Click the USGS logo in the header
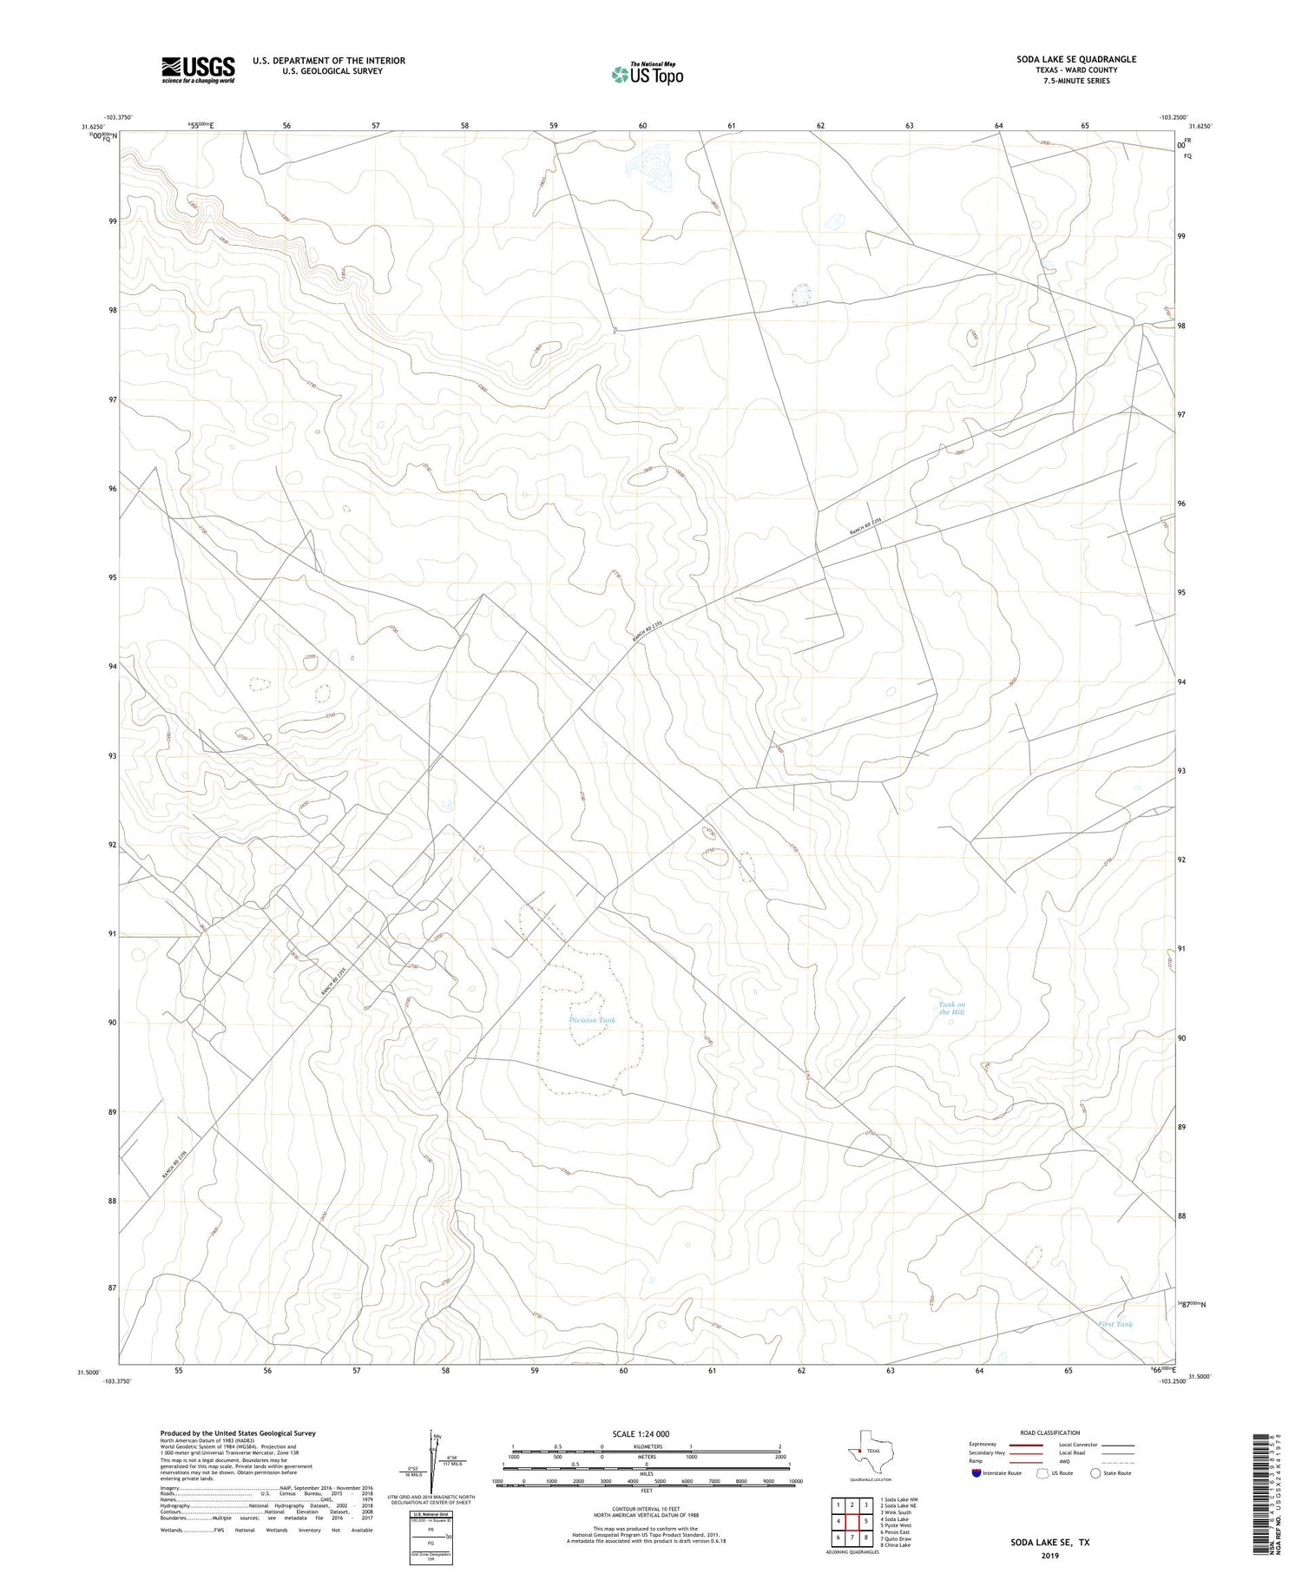pyautogui.click(x=198, y=69)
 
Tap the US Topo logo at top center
pyautogui.click(x=647, y=75)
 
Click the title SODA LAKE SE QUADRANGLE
pyautogui.click(x=1076, y=59)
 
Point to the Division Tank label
pyautogui.click(x=592, y=1019)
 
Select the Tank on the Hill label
pyautogui.click(x=951, y=1008)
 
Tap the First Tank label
pyautogui.click(x=1115, y=1324)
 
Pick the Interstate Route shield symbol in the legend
pyautogui.click(x=976, y=1472)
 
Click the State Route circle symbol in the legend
pyautogui.click(x=1095, y=1472)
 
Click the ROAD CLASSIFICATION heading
pyautogui.click(x=1049, y=1432)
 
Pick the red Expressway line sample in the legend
pyautogui.click(x=1025, y=1445)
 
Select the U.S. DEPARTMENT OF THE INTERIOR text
pyautogui.click(x=328, y=61)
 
